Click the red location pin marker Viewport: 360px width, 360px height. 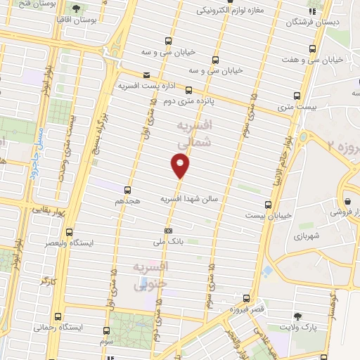pyautogui.click(x=181, y=166)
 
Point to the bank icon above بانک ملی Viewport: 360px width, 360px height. pyautogui.click(x=168, y=230)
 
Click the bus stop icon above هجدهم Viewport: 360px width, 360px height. pyautogui.click(x=127, y=189)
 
